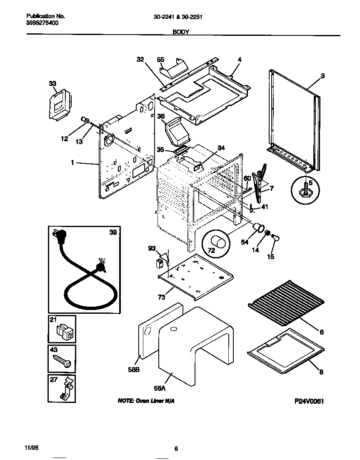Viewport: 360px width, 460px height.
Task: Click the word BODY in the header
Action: tap(181, 31)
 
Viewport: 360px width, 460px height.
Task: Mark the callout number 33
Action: tap(52, 84)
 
